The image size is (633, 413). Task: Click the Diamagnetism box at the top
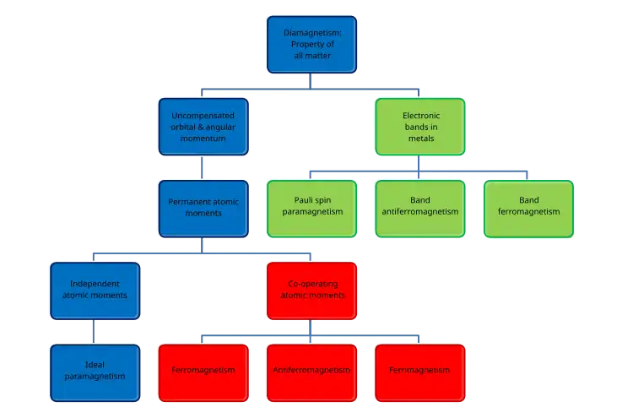point(311,44)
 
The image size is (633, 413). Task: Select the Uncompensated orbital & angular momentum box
point(203,126)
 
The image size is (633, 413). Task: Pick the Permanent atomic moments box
point(203,208)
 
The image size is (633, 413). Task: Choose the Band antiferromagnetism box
point(420,208)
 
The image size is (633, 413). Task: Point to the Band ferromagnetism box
point(528,208)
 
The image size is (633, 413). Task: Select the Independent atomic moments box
point(95,289)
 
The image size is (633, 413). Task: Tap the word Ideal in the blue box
point(95,364)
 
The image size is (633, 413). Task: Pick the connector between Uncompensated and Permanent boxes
point(203,166)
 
